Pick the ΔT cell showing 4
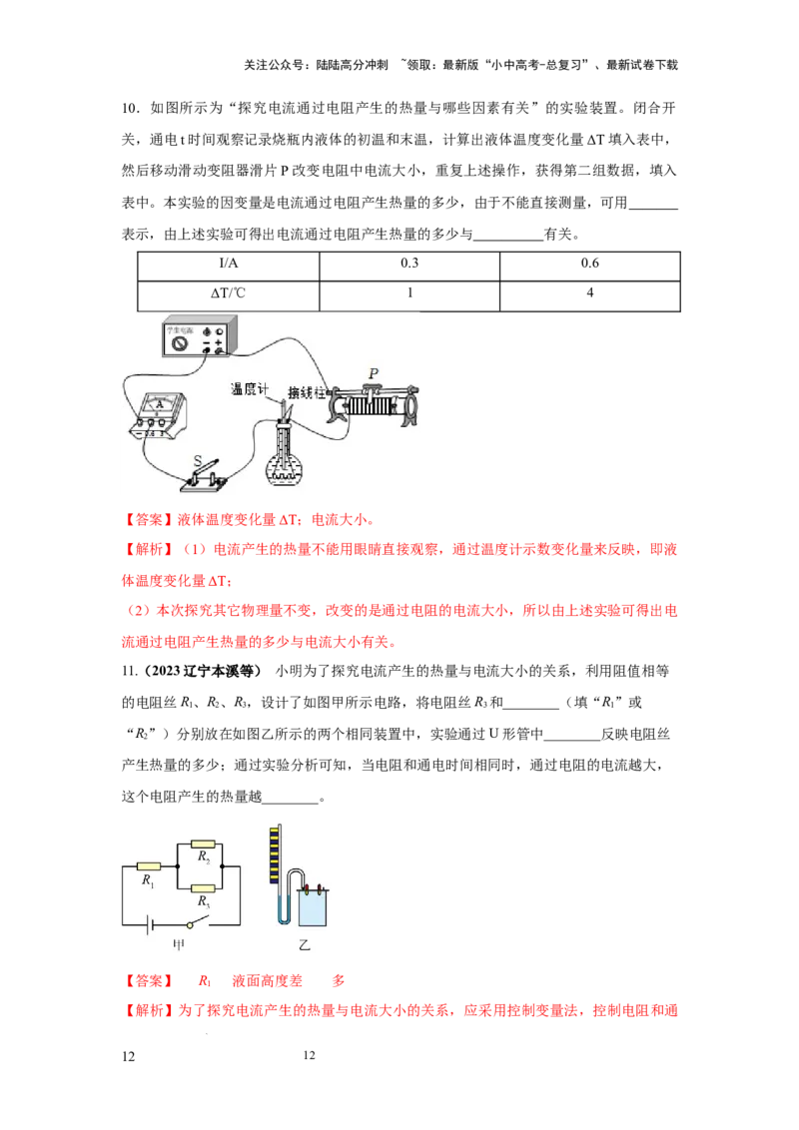click(x=590, y=295)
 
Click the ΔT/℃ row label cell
click(x=229, y=295)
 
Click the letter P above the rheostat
click(x=373, y=373)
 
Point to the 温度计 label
click(x=250, y=389)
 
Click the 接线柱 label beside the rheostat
click(x=307, y=392)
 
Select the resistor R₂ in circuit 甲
click(x=204, y=844)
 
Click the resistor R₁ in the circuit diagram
click(x=149, y=865)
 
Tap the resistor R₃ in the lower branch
click(x=204, y=888)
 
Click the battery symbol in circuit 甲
click(x=149, y=924)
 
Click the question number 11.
click(x=129, y=671)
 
